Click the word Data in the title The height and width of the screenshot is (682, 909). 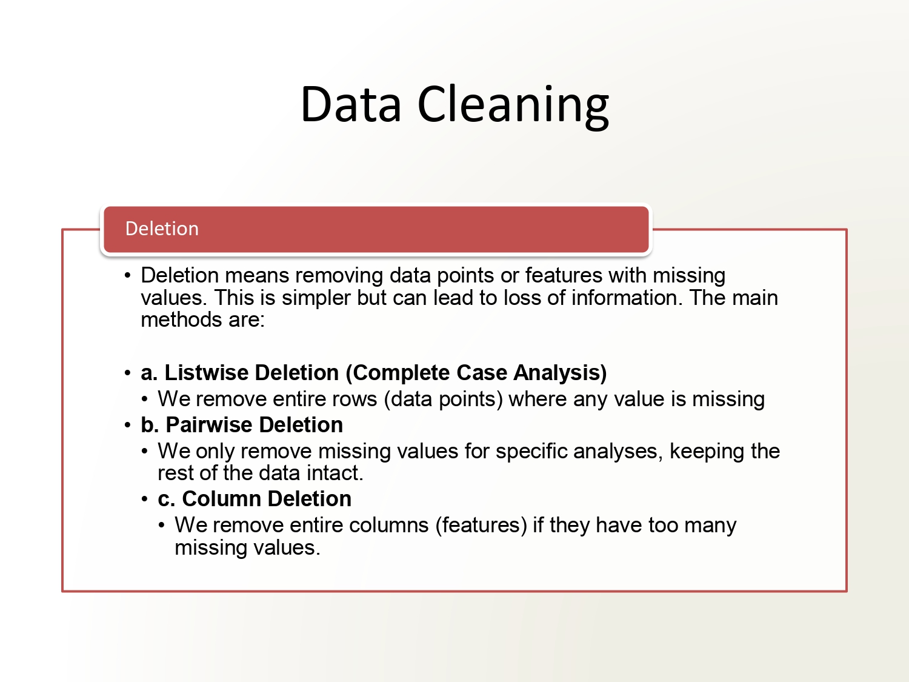pyautogui.click(x=351, y=104)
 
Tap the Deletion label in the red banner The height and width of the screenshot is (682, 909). pyautogui.click(x=162, y=229)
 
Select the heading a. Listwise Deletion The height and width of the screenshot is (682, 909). pyautogui.click(x=240, y=373)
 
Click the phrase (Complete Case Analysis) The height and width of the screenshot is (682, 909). pyautogui.click(x=476, y=373)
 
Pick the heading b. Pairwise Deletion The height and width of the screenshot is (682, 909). pyautogui.click(x=242, y=425)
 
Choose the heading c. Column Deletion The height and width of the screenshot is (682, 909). pyautogui.click(x=255, y=499)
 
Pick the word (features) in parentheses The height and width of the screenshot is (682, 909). pyautogui.click(x=481, y=525)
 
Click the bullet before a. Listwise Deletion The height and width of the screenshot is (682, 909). pyautogui.click(x=127, y=373)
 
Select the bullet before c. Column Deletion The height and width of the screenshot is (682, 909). pyautogui.click(x=144, y=499)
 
